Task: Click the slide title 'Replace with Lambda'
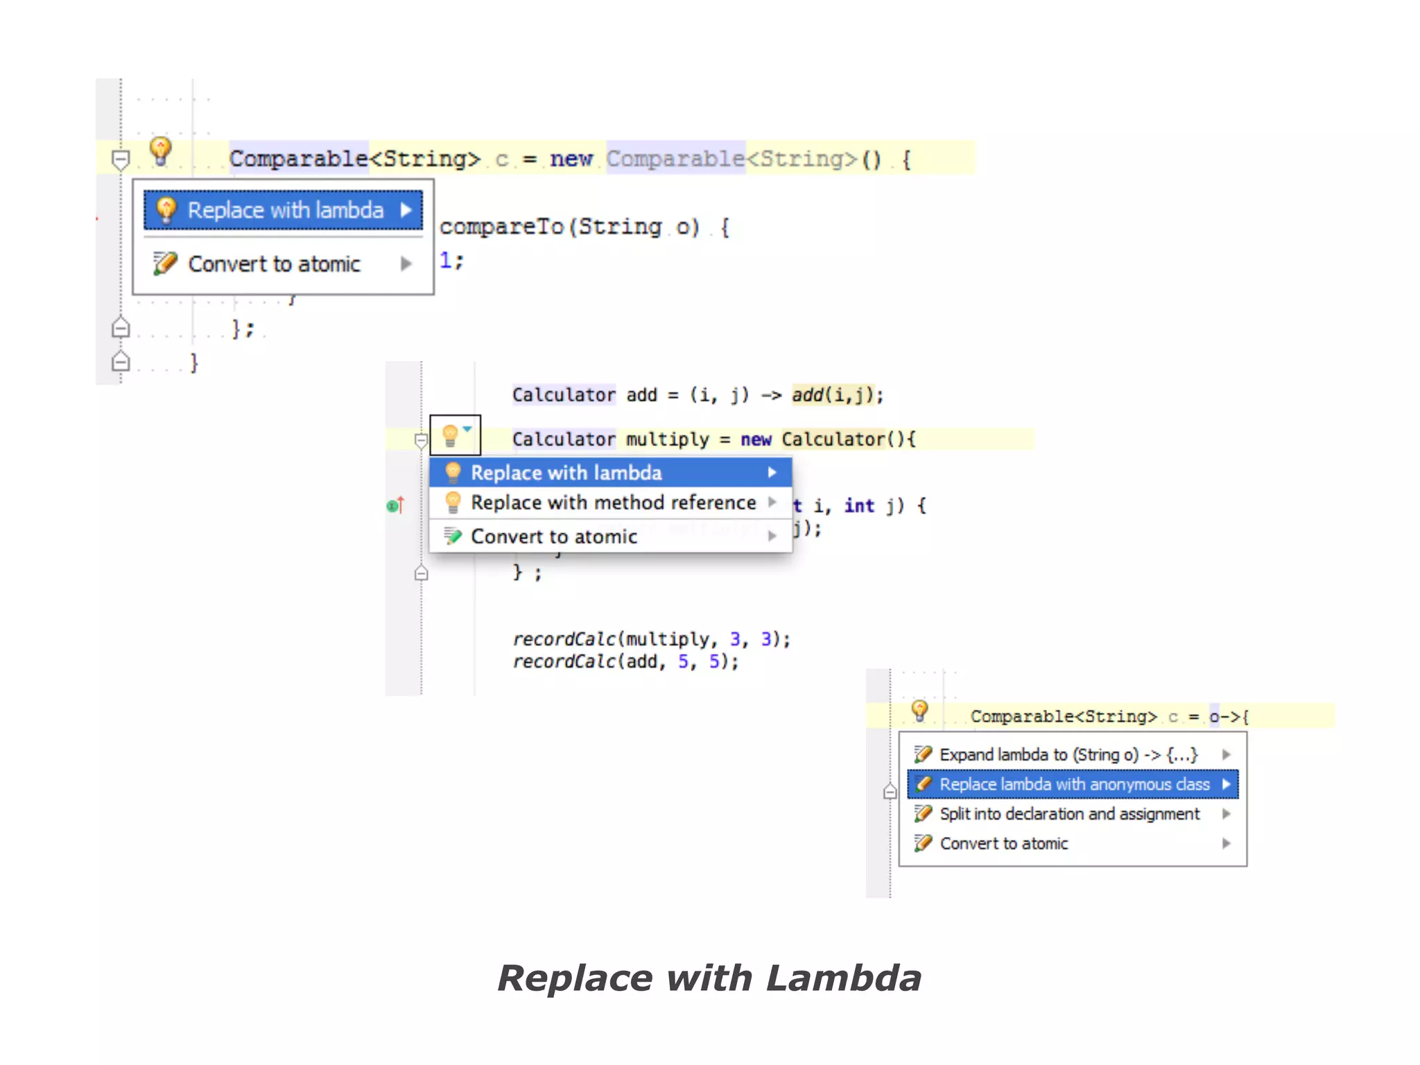709,978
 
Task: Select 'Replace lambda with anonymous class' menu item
1073,784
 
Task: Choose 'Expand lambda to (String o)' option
1068,754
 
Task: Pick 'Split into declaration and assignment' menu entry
1069,814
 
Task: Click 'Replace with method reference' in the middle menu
613,503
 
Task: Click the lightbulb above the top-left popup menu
161,150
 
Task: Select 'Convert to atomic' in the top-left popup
274,264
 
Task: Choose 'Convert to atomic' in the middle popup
553,537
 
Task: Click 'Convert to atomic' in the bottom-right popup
1003,844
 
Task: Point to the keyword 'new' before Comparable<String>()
571,159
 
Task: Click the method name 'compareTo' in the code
501,227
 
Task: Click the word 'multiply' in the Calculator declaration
667,440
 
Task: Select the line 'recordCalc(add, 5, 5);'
625,661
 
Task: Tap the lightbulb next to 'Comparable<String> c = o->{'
919,711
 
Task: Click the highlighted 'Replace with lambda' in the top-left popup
284,210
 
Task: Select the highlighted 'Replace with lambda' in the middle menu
566,473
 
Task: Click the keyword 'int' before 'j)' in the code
858,506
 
